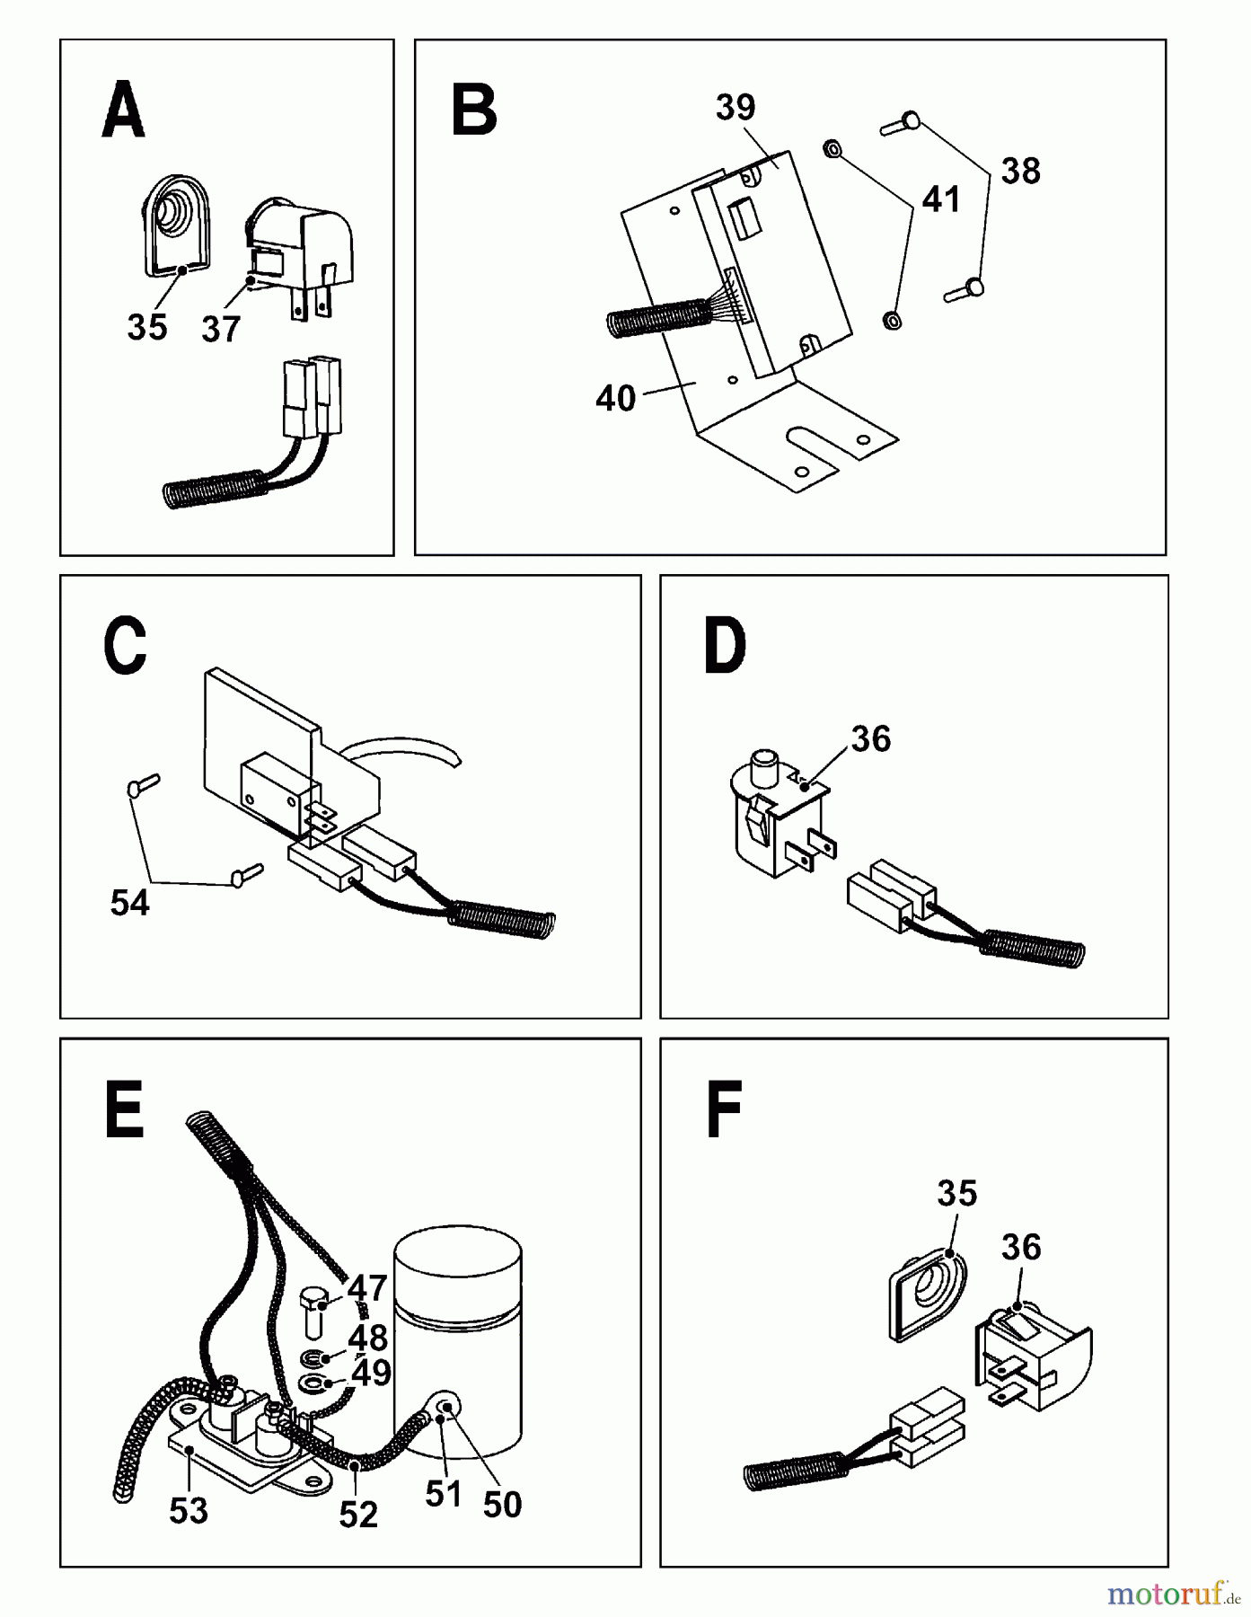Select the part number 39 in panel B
coord(736,108)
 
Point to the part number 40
coord(615,398)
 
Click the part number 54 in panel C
coord(129,903)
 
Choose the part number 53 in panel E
coord(189,1511)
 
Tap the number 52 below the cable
coord(358,1515)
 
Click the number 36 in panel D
coord(870,739)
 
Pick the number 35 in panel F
coord(956,1194)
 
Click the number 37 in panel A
coord(221,330)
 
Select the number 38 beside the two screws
coord(1020,171)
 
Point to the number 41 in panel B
coord(940,199)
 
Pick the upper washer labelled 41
coord(832,148)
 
